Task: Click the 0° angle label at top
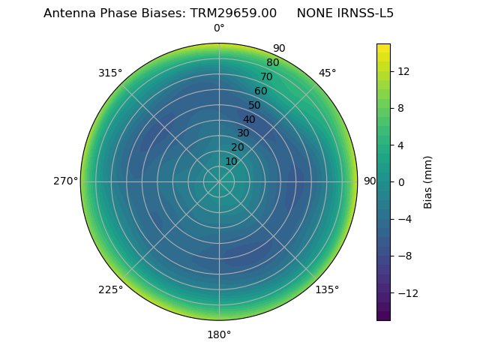(219, 28)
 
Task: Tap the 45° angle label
(327, 73)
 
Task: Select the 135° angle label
(327, 289)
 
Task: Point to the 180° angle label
(219, 334)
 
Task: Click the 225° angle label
(110, 289)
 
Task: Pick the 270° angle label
(65, 181)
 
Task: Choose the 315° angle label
(110, 73)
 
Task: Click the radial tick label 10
(231, 161)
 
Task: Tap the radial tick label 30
(243, 133)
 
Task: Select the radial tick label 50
(255, 105)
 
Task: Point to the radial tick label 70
(267, 76)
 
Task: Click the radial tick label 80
(273, 62)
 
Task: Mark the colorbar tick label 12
(403, 71)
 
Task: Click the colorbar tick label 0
(401, 181)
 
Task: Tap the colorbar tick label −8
(403, 256)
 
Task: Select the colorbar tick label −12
(406, 292)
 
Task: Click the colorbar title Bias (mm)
(428, 181)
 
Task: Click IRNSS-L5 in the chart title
(365, 13)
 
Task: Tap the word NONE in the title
(314, 13)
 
